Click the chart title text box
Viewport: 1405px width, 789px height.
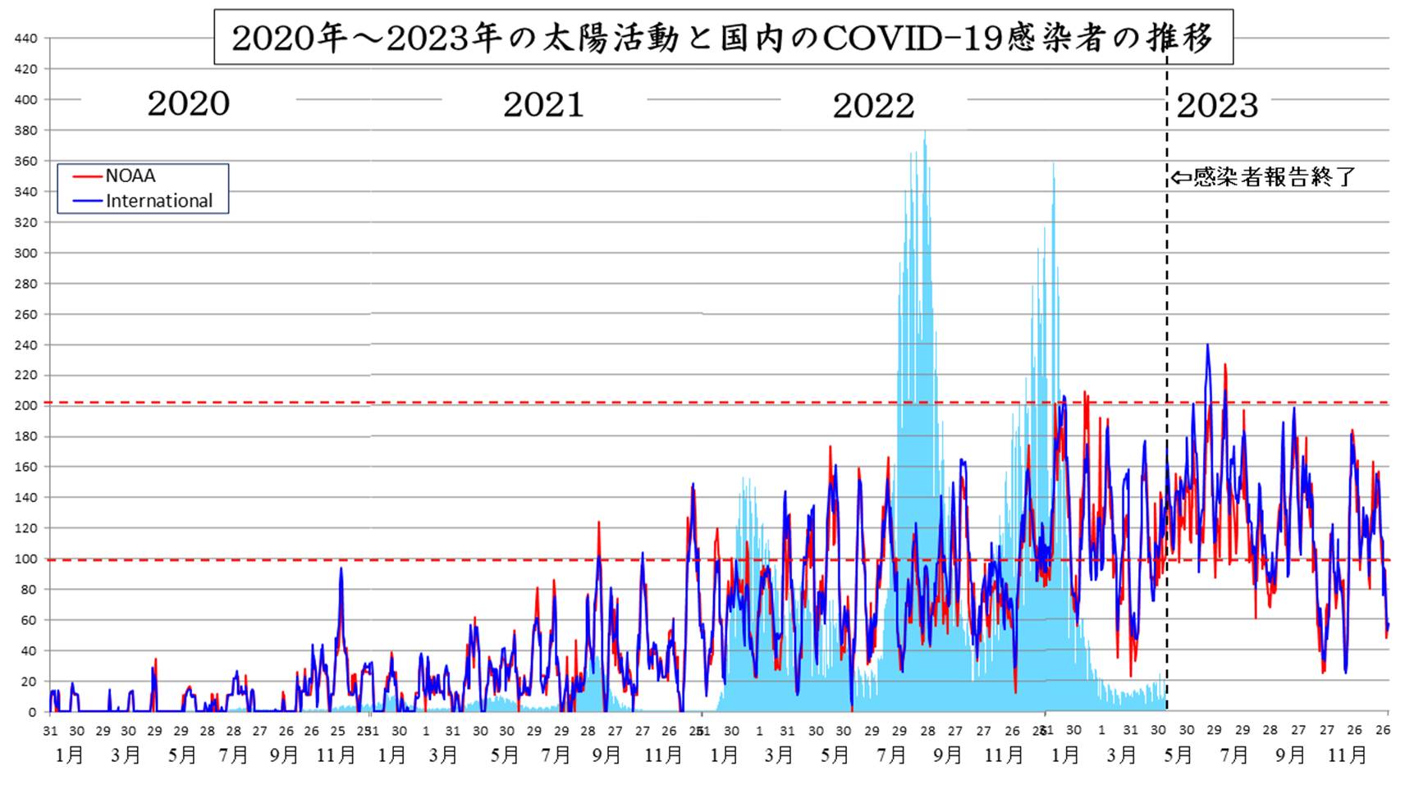pyautogui.click(x=722, y=38)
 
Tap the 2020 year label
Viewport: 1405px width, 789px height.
pyautogui.click(x=188, y=103)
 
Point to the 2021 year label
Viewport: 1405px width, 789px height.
pyautogui.click(x=543, y=104)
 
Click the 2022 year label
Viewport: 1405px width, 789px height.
pyautogui.click(x=873, y=105)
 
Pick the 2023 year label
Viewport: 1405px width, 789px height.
pyautogui.click(x=1217, y=105)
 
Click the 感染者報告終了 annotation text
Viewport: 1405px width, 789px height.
pyautogui.click(x=1274, y=176)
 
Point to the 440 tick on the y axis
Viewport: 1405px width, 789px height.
pyautogui.click(x=25, y=39)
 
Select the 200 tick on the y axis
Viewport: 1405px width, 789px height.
pyautogui.click(x=25, y=406)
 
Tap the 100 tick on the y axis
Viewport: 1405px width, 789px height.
pyautogui.click(x=25, y=559)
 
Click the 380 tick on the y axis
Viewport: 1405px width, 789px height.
pyautogui.click(x=25, y=130)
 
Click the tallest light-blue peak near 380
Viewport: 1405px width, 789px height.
pyautogui.click(x=925, y=134)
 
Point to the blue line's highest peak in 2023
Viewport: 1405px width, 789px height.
pyautogui.click(x=1207, y=346)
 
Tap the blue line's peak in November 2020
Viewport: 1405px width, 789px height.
pyautogui.click(x=341, y=569)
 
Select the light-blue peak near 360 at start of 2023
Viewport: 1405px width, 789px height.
pyautogui.click(x=1054, y=165)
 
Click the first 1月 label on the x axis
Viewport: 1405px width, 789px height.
pyautogui.click(x=70, y=755)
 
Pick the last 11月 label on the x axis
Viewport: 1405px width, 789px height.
pyautogui.click(x=1348, y=755)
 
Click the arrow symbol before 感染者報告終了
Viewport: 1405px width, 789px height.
pyautogui.click(x=1180, y=177)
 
